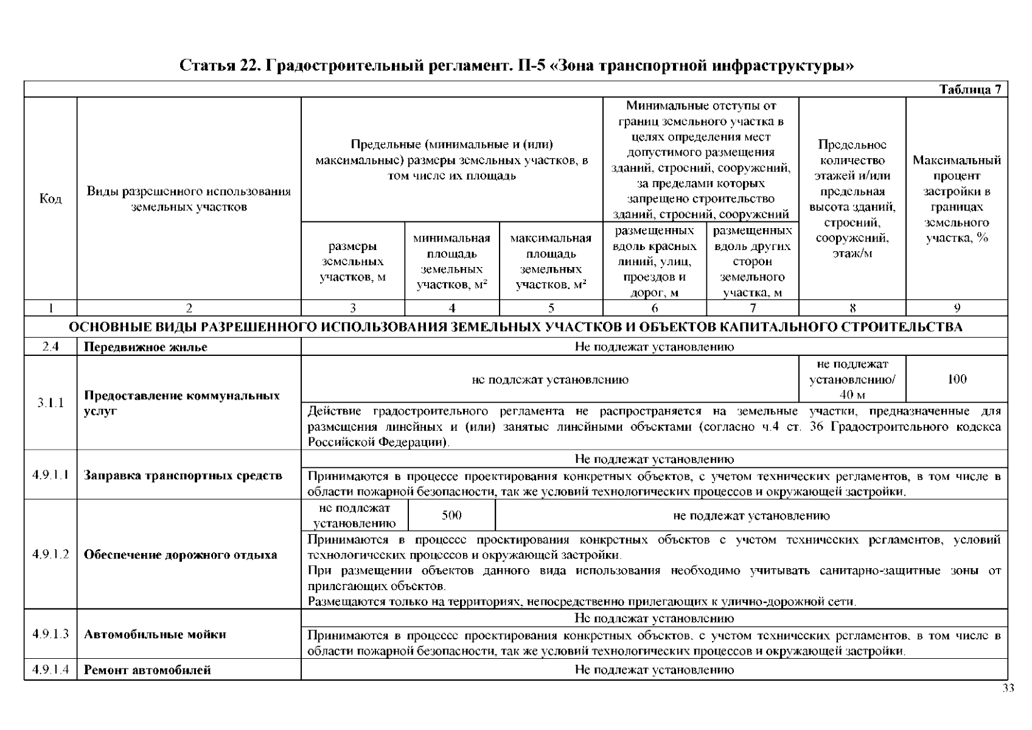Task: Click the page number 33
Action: coord(1008,689)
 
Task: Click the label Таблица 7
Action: coord(970,90)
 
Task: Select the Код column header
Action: coord(51,199)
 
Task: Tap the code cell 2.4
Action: coord(51,347)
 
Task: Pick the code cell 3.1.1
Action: coord(51,403)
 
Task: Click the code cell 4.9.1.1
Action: coord(51,475)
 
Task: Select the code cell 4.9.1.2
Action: coord(51,555)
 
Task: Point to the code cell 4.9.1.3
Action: coord(51,634)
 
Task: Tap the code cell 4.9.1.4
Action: coord(51,670)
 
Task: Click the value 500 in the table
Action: coord(451,516)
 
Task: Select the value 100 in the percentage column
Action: coord(957,380)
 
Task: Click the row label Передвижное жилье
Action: coord(145,347)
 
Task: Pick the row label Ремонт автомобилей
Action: coord(147,670)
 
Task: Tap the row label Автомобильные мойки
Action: coord(155,634)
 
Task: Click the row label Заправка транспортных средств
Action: coord(183,475)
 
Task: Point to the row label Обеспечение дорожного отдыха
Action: coord(180,555)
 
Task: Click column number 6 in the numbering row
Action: coord(655,308)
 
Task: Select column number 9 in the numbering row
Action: coord(957,308)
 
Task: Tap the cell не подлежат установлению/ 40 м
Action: coord(852,380)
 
